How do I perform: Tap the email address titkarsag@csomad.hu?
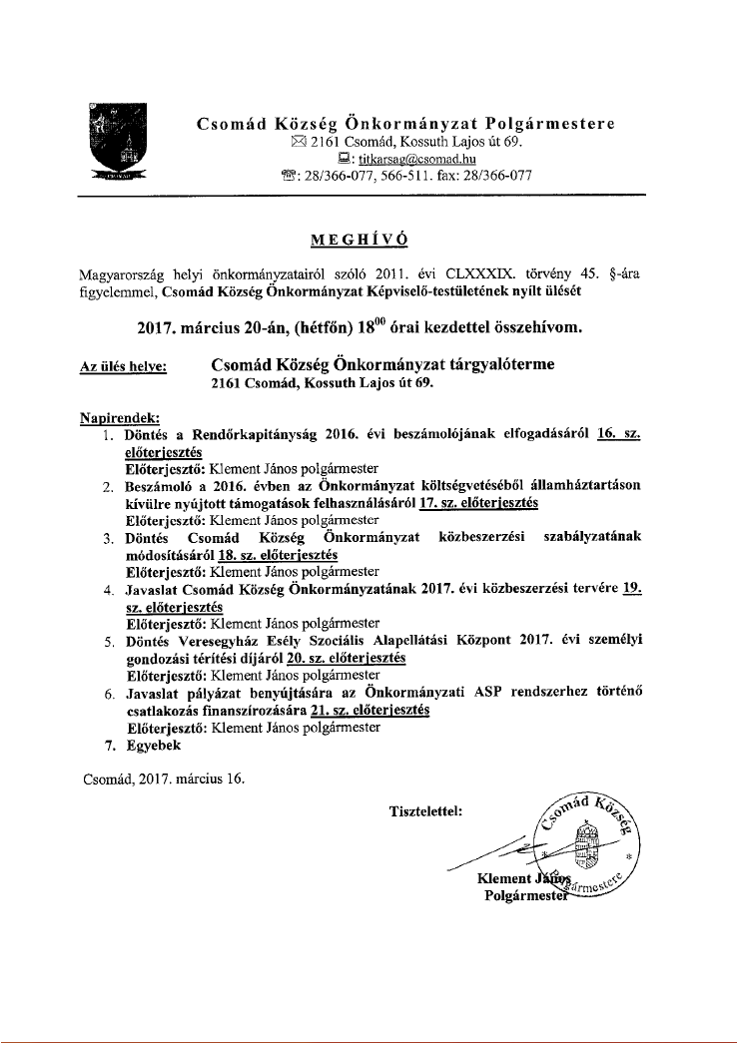pyautogui.click(x=403, y=159)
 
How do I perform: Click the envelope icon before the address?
pyautogui.click(x=296, y=142)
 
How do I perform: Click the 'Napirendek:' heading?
pyautogui.click(x=119, y=418)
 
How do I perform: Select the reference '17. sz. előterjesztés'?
pyautogui.click(x=478, y=503)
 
